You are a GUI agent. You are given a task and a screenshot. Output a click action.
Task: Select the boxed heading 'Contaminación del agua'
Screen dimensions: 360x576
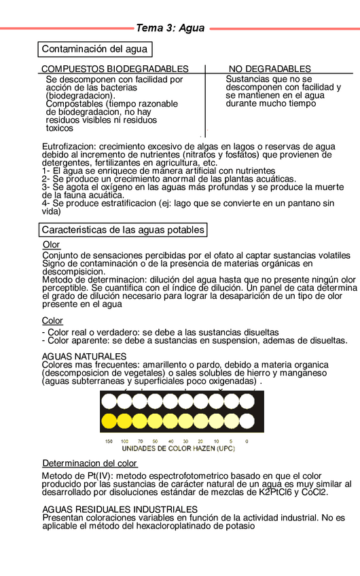tap(94, 50)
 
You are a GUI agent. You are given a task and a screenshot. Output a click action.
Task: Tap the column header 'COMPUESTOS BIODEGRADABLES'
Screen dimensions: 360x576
tap(115, 69)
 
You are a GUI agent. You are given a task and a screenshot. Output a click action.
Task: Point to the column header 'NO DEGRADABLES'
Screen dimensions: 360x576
tap(270, 69)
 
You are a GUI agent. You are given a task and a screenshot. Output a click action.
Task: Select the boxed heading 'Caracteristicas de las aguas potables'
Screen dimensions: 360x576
tap(124, 230)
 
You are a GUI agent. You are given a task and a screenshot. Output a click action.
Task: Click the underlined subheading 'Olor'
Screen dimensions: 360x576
tap(51, 245)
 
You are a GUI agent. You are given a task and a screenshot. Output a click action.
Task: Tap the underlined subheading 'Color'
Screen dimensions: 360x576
tap(52, 321)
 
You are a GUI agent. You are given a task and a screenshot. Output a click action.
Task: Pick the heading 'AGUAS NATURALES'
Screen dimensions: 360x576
tap(84, 356)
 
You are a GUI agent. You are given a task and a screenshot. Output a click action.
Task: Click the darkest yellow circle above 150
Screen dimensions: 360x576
tap(109, 422)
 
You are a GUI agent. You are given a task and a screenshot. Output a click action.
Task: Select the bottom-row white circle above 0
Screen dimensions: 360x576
tap(247, 422)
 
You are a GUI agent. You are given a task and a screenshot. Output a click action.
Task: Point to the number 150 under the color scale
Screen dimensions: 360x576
tap(109, 442)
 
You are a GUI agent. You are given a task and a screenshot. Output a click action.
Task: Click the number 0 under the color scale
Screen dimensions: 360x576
tap(247, 442)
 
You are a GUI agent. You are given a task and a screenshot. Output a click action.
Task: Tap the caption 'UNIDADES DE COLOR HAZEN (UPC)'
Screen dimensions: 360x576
tap(178, 449)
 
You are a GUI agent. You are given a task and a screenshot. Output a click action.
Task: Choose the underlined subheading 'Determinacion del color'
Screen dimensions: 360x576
tap(90, 463)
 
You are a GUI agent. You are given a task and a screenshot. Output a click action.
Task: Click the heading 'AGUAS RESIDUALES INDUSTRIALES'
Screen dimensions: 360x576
tap(120, 509)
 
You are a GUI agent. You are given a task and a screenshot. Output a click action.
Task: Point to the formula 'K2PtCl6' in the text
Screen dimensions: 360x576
tap(276, 492)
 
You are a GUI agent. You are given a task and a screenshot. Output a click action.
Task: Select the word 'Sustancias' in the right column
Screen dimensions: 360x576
tap(248, 79)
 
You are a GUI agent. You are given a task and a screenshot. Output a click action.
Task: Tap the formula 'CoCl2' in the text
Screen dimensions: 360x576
tap(313, 492)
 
